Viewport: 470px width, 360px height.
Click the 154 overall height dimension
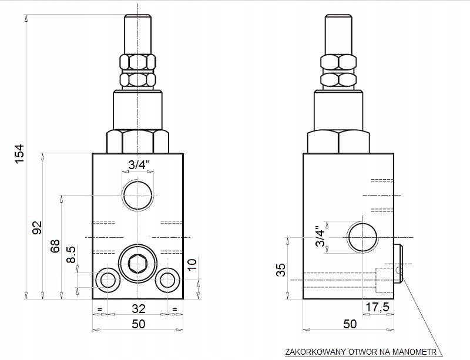click(19, 154)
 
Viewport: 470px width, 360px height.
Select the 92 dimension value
click(37, 228)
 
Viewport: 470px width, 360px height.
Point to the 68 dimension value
click(55, 246)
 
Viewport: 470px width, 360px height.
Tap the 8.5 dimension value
click(71, 254)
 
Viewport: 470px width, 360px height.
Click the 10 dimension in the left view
click(192, 264)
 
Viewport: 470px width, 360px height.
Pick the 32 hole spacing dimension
click(138, 308)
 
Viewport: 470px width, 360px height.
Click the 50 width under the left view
click(138, 324)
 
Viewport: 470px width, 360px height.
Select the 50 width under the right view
click(350, 324)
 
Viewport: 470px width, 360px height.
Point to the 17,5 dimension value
click(377, 307)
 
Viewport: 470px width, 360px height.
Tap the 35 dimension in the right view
click(281, 270)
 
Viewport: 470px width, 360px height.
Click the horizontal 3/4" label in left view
click(139, 164)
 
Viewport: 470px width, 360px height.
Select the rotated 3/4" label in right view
click(320, 237)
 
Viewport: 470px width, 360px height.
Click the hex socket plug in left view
click(137, 264)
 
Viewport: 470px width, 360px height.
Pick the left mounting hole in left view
click(108, 280)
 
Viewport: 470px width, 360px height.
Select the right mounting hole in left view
click(167, 280)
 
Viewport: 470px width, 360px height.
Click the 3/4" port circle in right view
click(362, 237)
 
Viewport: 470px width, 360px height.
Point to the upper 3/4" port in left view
click(137, 196)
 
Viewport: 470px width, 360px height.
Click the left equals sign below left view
click(100, 309)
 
